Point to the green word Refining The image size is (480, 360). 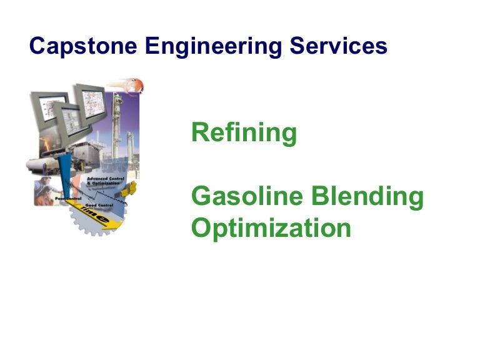click(244, 133)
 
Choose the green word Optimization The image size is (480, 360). click(271, 227)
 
